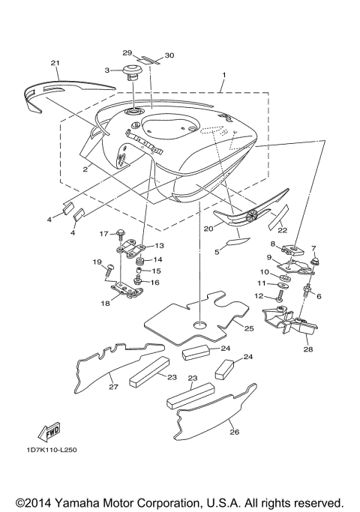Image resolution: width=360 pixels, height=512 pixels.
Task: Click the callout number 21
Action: pyautogui.click(x=54, y=62)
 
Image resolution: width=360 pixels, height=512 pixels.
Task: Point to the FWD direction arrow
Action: pyautogui.click(x=51, y=432)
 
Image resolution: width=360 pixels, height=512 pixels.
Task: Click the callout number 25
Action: pyautogui.click(x=249, y=328)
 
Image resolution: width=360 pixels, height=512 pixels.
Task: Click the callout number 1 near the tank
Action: pyautogui.click(x=222, y=76)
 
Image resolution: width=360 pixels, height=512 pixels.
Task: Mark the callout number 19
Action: pyautogui.click(x=96, y=262)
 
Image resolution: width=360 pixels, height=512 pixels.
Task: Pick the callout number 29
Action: pyautogui.click(x=127, y=54)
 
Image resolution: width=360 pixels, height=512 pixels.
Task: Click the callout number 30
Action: pyautogui.click(x=169, y=55)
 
